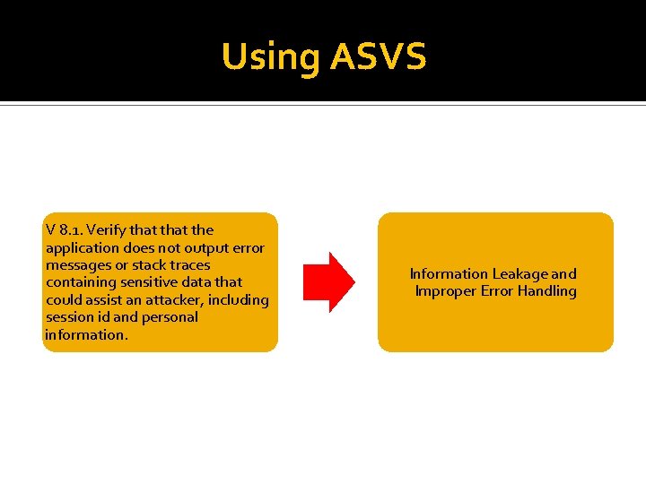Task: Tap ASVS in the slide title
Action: [x=378, y=57]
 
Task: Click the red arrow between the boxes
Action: [x=328, y=282]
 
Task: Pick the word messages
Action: [x=80, y=265]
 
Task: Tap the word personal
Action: [x=170, y=317]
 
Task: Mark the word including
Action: [x=238, y=299]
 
